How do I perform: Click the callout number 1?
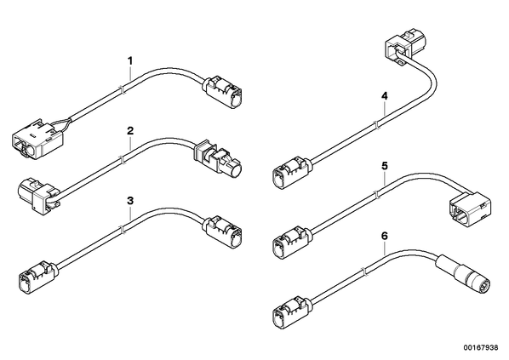coord(130,61)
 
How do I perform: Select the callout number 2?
coord(130,131)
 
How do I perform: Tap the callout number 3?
coord(130,201)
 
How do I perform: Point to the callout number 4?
coord(385,96)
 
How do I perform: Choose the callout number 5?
coord(385,166)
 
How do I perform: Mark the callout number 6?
coord(385,236)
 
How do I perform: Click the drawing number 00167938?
coord(481,348)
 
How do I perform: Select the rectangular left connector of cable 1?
coord(37,140)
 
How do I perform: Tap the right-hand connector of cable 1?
coord(223,92)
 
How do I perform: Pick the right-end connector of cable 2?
coord(218,158)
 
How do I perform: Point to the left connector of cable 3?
coord(38,277)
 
